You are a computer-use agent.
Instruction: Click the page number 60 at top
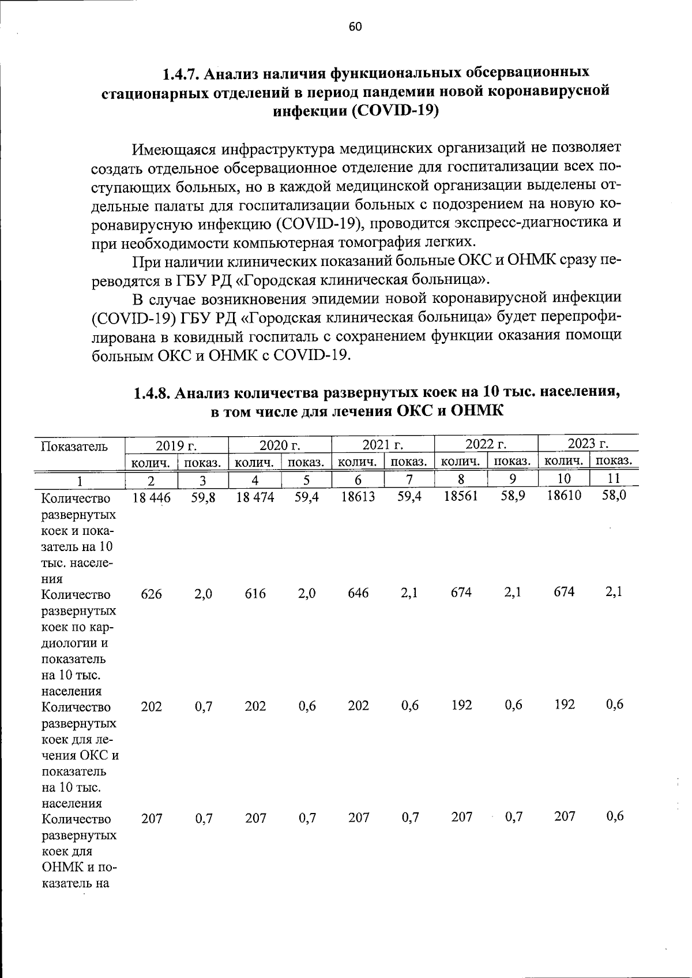tap(355, 27)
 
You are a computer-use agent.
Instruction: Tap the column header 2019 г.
tap(176, 445)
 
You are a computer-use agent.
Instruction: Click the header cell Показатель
tap(74, 446)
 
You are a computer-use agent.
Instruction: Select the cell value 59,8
tap(203, 497)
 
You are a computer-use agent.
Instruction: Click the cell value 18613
tap(358, 496)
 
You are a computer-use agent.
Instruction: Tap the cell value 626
tap(151, 594)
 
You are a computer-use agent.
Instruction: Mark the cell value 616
tap(255, 594)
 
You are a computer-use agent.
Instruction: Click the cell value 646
tap(358, 593)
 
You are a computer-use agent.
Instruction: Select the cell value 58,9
tap(512, 496)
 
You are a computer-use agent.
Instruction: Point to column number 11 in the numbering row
tap(614, 478)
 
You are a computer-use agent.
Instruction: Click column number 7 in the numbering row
tap(409, 479)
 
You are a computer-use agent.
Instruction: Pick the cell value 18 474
tap(255, 497)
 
